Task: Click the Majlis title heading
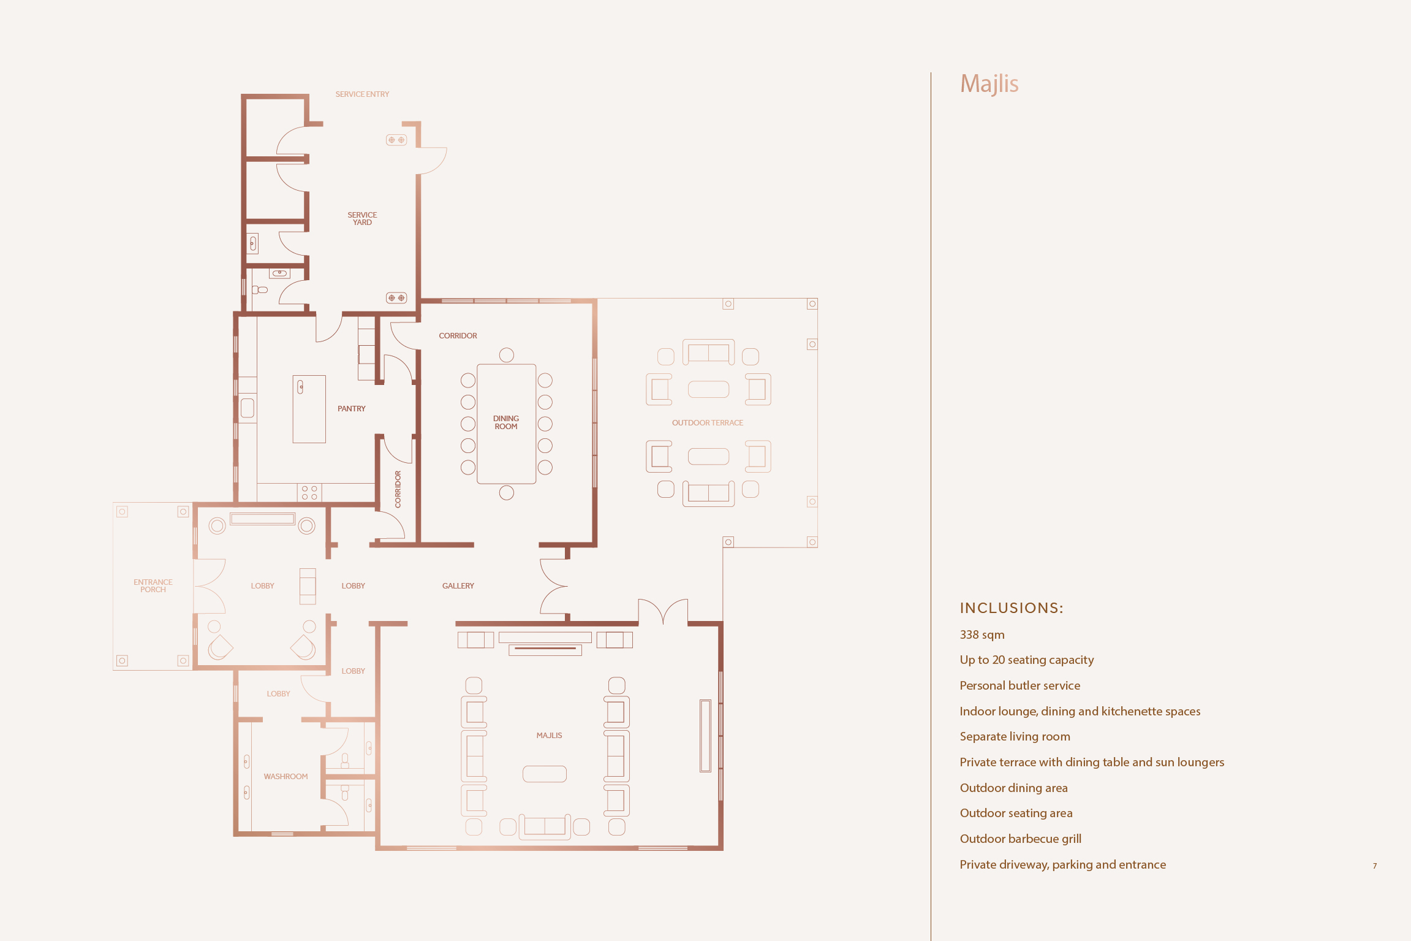tap(989, 84)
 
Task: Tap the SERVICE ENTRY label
tap(362, 94)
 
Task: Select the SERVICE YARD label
tap(362, 219)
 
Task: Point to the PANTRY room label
tap(351, 409)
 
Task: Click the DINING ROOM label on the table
tap(506, 422)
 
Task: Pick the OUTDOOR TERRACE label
tap(707, 423)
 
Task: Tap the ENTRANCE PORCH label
tap(153, 586)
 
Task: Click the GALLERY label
tap(458, 586)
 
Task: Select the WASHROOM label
tap(286, 777)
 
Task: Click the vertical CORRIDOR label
tap(398, 489)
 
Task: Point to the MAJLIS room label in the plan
tap(549, 736)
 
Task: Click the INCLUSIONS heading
tap(1012, 608)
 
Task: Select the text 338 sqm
tap(982, 635)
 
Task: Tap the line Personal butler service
tap(1020, 686)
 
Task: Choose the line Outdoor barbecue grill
tap(1021, 839)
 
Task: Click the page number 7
tap(1375, 866)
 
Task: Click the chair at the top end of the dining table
tap(507, 355)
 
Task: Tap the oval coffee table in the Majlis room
tap(545, 774)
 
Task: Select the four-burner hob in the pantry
tap(309, 493)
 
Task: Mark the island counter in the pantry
tap(309, 409)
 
